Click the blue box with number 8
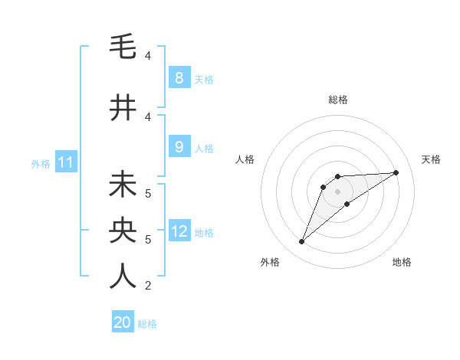179,77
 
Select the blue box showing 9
179,147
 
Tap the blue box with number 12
179,231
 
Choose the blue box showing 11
65,162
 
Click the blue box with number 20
123,322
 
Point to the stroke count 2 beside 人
148,286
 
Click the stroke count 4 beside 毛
148,56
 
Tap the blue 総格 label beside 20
147,323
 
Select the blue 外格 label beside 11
41,163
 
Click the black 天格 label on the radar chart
431,159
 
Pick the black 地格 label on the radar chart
402,262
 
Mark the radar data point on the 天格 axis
396,172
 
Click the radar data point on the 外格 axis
302,242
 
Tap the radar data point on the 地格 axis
347,204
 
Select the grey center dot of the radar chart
337,191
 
